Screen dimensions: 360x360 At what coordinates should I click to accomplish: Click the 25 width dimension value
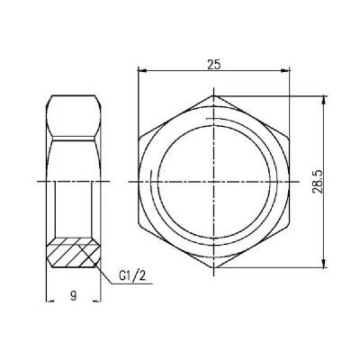point(214,64)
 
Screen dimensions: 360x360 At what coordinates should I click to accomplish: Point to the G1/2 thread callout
point(130,277)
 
